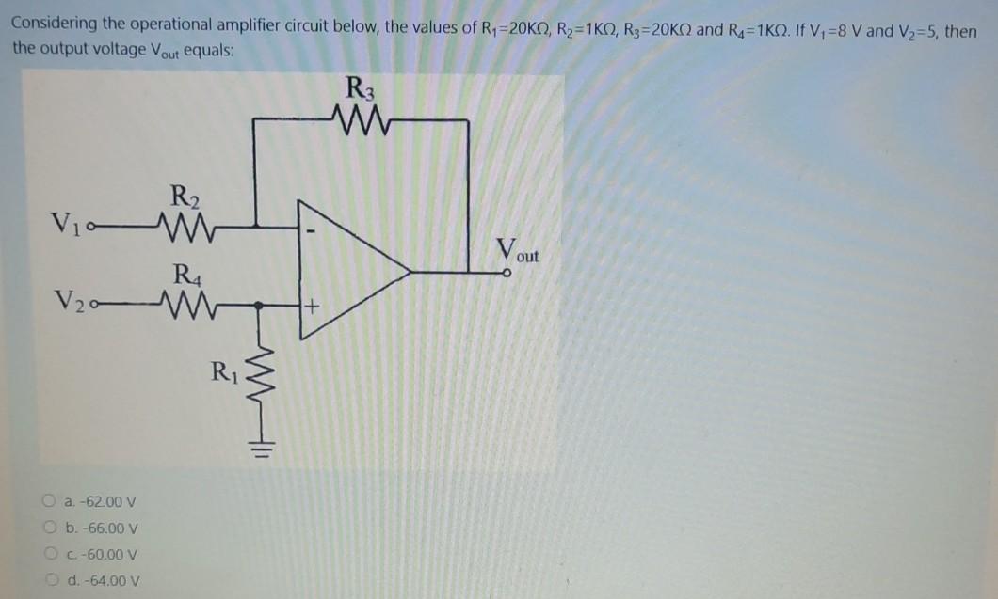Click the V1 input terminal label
click(x=66, y=227)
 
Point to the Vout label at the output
click(x=518, y=252)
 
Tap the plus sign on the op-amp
click(x=310, y=306)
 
